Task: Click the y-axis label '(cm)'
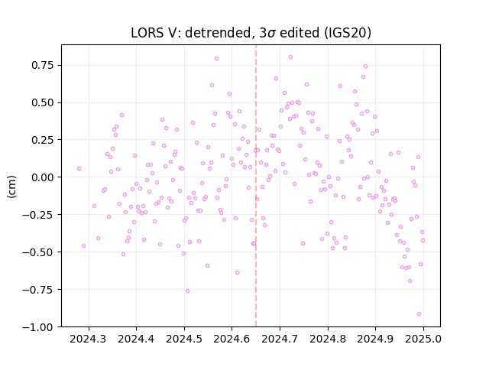[11, 187]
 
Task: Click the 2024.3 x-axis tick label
[89, 339]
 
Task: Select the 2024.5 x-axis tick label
[184, 339]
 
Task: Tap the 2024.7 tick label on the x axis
[280, 339]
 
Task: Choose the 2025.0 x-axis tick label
[423, 339]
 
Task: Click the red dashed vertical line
[256, 186]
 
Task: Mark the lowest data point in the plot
[419, 314]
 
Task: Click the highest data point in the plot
[290, 57]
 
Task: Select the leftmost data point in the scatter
[79, 168]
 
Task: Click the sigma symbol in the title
[271, 34]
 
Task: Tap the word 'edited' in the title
[300, 33]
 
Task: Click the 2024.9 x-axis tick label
[375, 339]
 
